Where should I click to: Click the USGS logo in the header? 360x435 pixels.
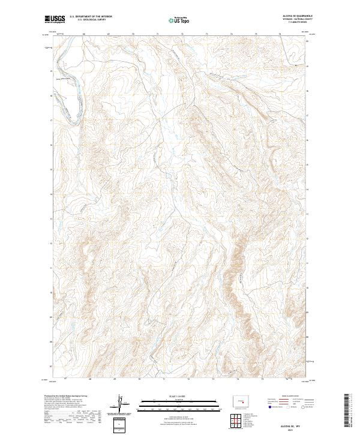[x=55, y=19]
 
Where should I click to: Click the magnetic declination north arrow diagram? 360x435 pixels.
[x=121, y=406]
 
